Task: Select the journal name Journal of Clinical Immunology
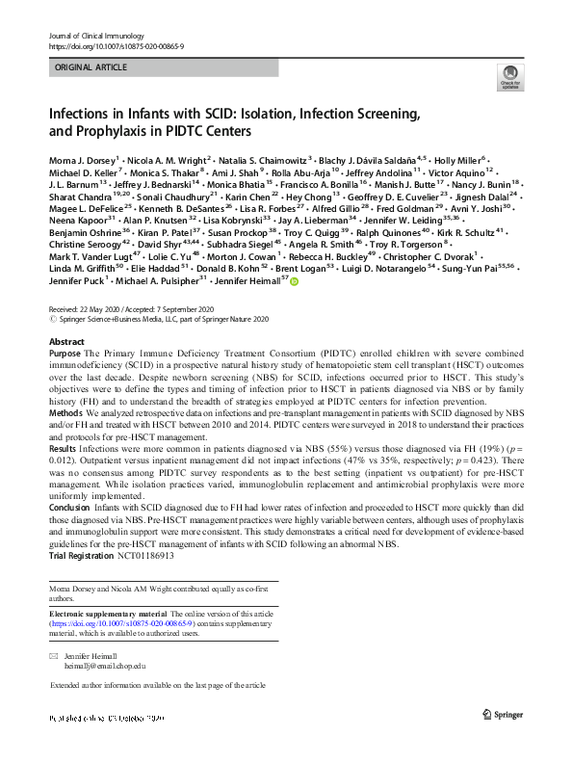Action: click(93, 36)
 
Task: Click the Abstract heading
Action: click(66, 342)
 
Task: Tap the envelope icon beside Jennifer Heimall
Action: click(54, 655)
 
